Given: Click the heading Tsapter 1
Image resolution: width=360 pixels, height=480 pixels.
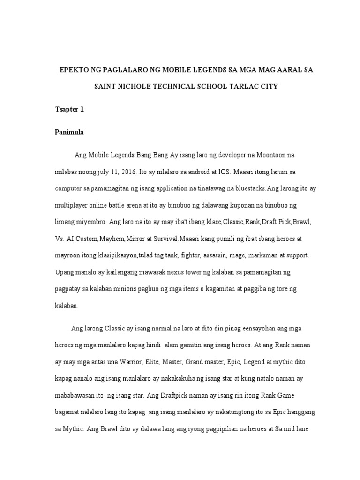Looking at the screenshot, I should coord(69,110).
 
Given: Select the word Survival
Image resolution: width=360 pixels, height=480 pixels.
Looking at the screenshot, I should coord(164,239).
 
